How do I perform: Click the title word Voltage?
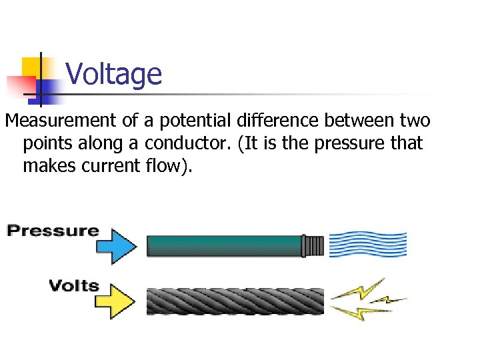click(x=114, y=74)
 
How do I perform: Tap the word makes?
click(x=50, y=165)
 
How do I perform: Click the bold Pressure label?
click(x=53, y=232)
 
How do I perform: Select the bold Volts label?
click(x=73, y=287)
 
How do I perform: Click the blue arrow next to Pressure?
click(x=117, y=244)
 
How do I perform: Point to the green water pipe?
click(x=223, y=245)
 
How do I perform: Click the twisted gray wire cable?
click(x=234, y=301)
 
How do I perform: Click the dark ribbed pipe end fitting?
click(x=313, y=245)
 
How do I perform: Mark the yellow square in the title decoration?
click(x=32, y=68)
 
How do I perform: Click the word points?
click(x=45, y=143)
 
